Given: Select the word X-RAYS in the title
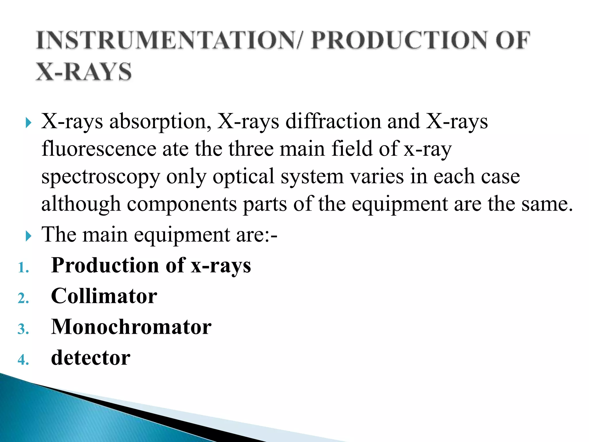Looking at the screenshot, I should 84,72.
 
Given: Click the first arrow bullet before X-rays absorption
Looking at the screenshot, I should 28,123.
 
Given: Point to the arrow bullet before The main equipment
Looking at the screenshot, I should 28,236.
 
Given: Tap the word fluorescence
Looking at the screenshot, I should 99,149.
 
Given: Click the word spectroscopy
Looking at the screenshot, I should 100,177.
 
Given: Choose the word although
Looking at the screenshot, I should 81,204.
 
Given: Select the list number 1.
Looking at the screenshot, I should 23,268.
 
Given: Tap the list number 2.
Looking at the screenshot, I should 23,299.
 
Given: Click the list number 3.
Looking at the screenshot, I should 23,329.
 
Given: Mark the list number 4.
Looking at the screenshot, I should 23,360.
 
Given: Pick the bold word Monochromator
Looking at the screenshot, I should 131,327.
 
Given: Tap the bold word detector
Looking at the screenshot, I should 91,358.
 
